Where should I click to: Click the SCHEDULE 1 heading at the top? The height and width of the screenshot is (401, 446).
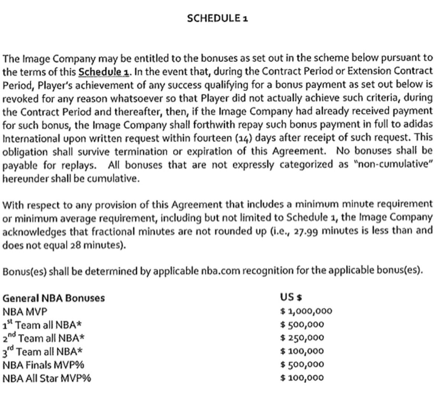coord(217,18)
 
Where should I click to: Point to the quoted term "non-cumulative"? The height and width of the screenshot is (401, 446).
coord(393,165)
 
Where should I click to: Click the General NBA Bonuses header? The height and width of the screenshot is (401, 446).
coord(54,298)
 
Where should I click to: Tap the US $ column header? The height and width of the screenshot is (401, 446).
coord(291,297)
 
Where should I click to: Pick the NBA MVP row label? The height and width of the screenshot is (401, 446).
coord(25,312)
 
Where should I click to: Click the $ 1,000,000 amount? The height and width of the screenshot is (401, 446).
coord(306,311)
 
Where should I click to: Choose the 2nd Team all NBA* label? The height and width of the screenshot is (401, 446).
coord(43,338)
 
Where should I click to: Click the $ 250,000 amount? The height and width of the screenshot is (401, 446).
coord(302,338)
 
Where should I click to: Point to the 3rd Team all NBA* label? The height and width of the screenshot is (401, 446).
coord(42,351)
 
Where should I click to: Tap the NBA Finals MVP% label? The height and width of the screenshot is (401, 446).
coord(43,365)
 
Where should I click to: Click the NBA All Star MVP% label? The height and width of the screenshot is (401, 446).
coord(47,378)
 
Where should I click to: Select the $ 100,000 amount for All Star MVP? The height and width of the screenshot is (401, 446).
coord(302,378)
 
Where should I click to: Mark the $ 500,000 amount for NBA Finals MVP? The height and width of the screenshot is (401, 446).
coord(302,365)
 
